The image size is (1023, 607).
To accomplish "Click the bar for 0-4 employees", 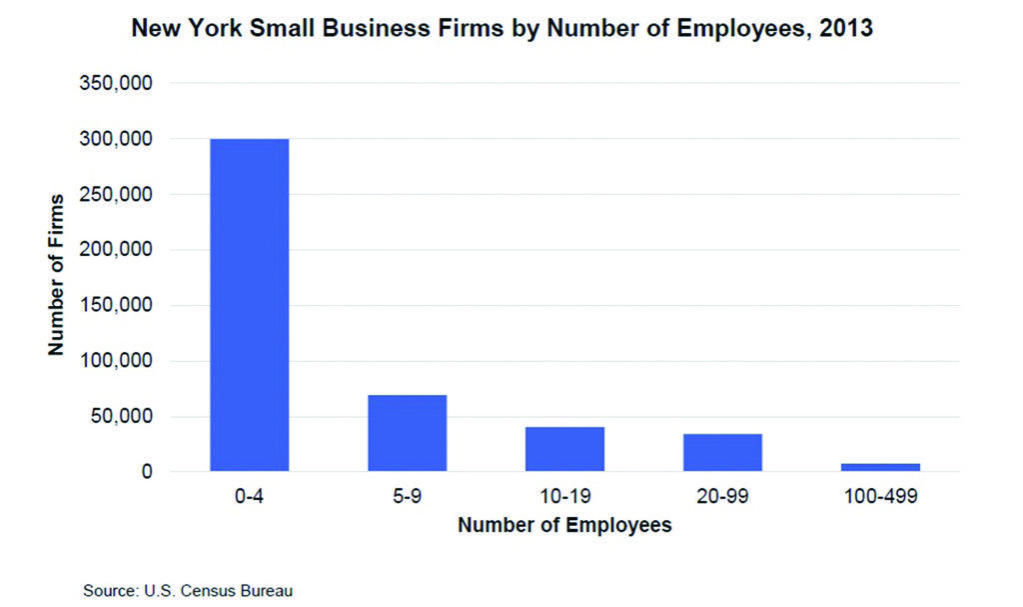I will tap(249, 305).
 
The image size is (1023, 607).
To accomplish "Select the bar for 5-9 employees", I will tap(407, 433).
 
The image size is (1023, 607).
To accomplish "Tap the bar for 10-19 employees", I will tap(564, 449).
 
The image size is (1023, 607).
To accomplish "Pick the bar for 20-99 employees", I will tap(722, 452).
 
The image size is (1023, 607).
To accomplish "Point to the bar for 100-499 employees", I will tap(880, 467).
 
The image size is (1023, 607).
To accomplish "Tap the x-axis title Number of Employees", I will tap(564, 525).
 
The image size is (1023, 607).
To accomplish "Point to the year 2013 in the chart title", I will tap(845, 30).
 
